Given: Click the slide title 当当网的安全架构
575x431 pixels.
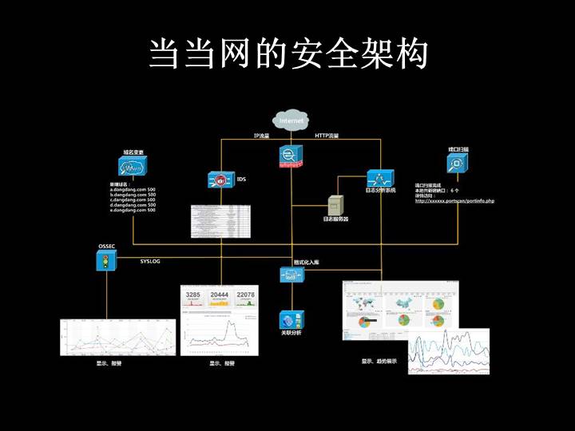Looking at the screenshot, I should click(x=287, y=54).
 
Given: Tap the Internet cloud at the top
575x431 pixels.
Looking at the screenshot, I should click(x=291, y=121).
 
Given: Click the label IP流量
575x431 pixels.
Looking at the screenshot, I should click(x=261, y=136).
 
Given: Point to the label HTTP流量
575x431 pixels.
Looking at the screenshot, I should click(x=327, y=136).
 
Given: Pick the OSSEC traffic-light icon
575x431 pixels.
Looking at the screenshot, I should click(x=105, y=261).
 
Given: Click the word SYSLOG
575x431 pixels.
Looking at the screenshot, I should click(x=150, y=261).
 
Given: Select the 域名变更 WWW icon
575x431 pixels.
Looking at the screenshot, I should click(x=133, y=166).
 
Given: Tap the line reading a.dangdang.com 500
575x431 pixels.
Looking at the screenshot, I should click(x=133, y=189).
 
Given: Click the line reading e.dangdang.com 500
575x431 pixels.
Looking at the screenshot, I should click(x=133, y=210).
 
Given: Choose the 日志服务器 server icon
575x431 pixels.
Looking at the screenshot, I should click(x=335, y=204).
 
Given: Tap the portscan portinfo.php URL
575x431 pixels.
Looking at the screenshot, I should click(x=454, y=201).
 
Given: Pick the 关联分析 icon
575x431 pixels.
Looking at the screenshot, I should click(x=291, y=317).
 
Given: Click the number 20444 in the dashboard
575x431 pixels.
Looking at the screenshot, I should click(x=219, y=296).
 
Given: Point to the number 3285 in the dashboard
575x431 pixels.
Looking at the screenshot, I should click(x=193, y=296).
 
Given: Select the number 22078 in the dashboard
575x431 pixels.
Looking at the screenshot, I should click(x=245, y=296).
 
